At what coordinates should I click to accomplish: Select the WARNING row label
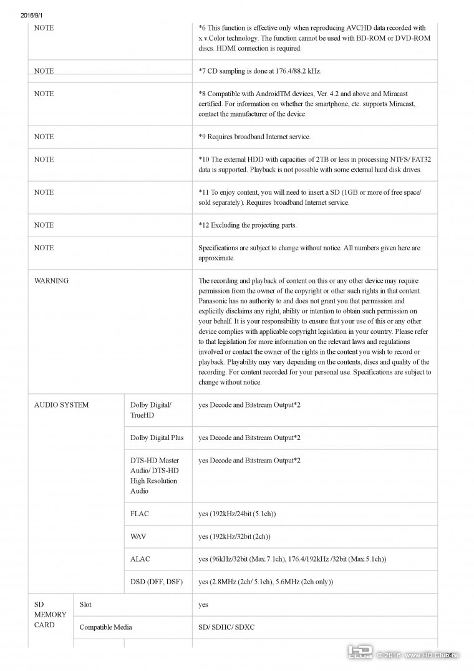click(51, 281)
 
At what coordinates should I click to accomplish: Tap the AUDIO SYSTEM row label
click(61, 405)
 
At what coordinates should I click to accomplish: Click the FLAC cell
click(140, 514)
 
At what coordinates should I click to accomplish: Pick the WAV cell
click(138, 537)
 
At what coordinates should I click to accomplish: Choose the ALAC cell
click(140, 559)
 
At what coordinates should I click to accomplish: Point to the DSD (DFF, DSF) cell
click(157, 582)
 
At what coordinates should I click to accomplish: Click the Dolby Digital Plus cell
click(157, 438)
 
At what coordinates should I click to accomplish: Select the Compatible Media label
click(106, 627)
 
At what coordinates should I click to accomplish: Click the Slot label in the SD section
click(85, 605)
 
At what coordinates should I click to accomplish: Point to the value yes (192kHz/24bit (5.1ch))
click(237, 514)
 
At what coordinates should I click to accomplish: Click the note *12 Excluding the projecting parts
click(248, 225)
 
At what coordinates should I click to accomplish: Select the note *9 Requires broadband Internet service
click(254, 137)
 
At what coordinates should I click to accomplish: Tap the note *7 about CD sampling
click(260, 71)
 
